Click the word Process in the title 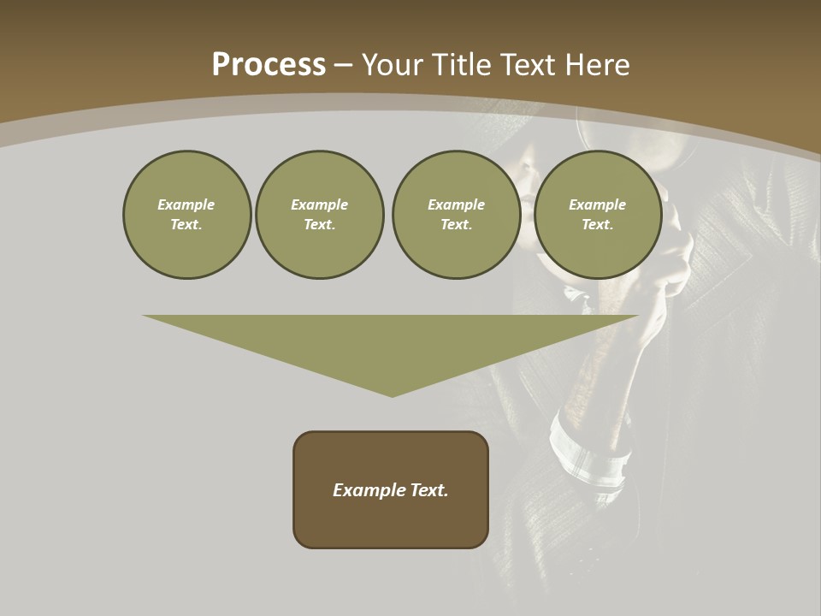pos(269,65)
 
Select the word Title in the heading pos(465,65)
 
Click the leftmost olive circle pos(186,214)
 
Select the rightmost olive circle pos(597,214)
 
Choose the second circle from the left pos(319,214)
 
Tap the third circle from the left pos(456,214)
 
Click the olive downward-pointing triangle pos(391,342)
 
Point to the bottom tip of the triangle pos(392,394)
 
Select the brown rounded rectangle pos(391,489)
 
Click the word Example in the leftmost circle pos(186,204)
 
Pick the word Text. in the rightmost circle pos(597,224)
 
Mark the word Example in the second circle pos(319,204)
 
